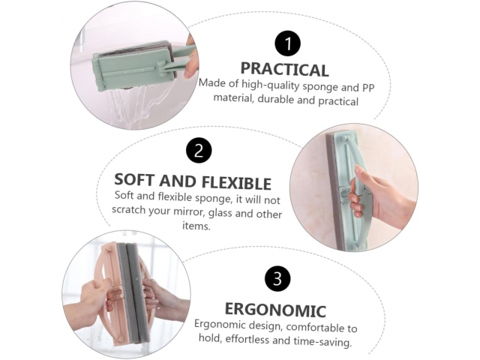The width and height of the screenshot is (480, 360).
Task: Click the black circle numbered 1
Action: [x=287, y=43]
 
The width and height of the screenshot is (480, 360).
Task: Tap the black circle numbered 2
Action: [x=199, y=150]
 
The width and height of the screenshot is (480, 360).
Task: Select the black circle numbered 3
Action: [x=277, y=278]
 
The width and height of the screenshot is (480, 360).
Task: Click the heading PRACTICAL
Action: [x=285, y=69]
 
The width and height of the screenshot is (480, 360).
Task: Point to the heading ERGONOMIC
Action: [x=275, y=310]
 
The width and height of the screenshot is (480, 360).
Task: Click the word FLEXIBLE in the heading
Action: [x=236, y=182]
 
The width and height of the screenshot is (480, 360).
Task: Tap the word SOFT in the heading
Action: [x=135, y=180]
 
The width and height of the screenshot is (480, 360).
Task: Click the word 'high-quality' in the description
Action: [x=270, y=85]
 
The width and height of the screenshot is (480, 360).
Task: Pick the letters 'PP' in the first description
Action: [x=368, y=88]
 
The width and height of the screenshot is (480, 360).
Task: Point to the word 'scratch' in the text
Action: [x=128, y=210]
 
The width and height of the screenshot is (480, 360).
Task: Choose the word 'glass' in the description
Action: [x=218, y=213]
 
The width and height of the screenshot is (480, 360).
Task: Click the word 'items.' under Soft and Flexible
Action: [x=196, y=226]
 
